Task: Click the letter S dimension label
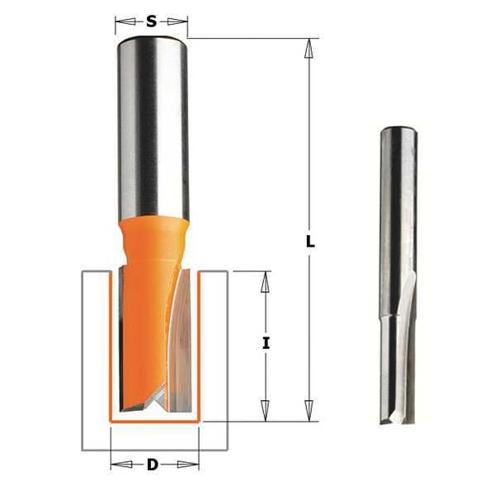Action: (x=151, y=21)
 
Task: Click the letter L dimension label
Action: (x=310, y=243)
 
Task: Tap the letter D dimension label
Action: (x=153, y=464)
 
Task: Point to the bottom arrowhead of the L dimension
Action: (x=309, y=410)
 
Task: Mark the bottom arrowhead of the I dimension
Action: (x=265, y=410)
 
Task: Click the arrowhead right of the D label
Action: (x=188, y=464)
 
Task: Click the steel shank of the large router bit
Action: (x=153, y=124)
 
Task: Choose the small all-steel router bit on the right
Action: (x=398, y=272)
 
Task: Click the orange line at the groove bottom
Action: (x=154, y=421)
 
